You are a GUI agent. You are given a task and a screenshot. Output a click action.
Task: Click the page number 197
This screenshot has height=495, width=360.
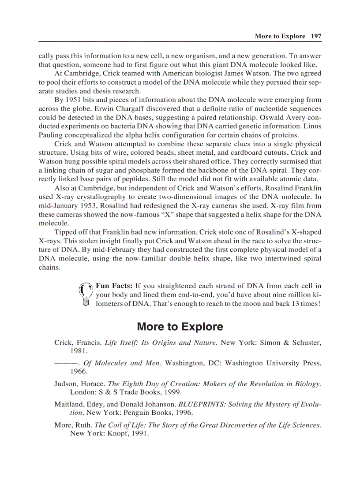pos(316,36)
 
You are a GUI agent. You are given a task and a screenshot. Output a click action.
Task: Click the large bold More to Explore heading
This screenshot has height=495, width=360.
pos(180,327)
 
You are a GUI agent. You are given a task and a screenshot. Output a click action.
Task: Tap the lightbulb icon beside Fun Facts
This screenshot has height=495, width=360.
pos(85,294)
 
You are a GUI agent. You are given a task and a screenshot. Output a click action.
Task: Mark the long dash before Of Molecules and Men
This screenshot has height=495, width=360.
pos(66,363)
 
